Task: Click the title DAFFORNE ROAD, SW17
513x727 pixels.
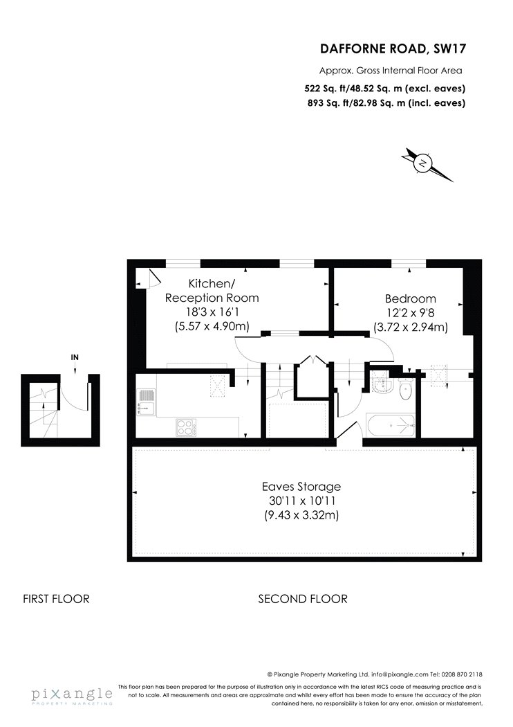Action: (x=393, y=48)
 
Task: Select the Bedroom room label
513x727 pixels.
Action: (x=411, y=298)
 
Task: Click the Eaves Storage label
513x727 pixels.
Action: (x=301, y=486)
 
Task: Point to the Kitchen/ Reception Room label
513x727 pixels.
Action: (x=212, y=290)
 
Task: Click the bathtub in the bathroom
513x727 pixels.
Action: (x=390, y=424)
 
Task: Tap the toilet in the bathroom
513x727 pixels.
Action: (x=405, y=388)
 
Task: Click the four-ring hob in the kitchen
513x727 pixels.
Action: (x=186, y=427)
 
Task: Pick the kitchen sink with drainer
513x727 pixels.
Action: (x=147, y=401)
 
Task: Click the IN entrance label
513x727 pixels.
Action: (x=75, y=357)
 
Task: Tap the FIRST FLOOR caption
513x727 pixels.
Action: (x=56, y=599)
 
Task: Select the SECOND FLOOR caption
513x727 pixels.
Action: (x=303, y=599)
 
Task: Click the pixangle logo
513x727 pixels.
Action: (x=72, y=695)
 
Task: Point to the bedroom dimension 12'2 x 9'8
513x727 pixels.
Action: (x=411, y=313)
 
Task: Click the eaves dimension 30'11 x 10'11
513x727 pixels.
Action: (x=302, y=501)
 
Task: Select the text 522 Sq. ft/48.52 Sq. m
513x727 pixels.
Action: (x=355, y=88)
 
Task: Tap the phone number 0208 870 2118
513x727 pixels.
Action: (x=463, y=674)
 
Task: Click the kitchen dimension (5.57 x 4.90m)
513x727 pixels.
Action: (x=212, y=326)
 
